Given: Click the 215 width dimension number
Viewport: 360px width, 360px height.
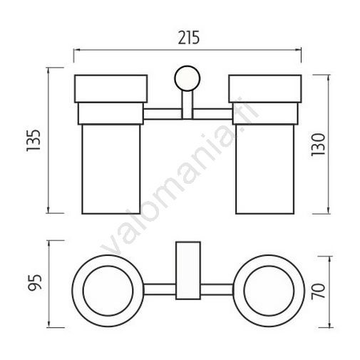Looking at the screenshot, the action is pyautogui.click(x=189, y=38).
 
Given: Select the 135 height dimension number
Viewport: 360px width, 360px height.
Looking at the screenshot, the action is pyautogui.click(x=34, y=140).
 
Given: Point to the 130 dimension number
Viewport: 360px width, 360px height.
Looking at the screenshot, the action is pyautogui.click(x=318, y=145).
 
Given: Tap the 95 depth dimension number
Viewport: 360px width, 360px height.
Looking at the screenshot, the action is pyautogui.click(x=35, y=282).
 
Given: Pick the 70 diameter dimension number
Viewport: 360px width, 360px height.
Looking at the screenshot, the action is pyautogui.click(x=318, y=292).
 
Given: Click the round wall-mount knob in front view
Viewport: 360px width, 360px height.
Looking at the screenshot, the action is pyautogui.click(x=187, y=78).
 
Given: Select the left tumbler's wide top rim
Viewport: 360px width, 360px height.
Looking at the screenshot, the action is pyautogui.click(x=111, y=89).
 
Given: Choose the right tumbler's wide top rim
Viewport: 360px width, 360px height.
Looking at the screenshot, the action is pyautogui.click(x=265, y=89).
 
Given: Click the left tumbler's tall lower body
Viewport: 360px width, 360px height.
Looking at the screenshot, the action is pyautogui.click(x=111, y=169).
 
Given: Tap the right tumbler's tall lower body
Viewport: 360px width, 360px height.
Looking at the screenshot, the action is pyautogui.click(x=265, y=169).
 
